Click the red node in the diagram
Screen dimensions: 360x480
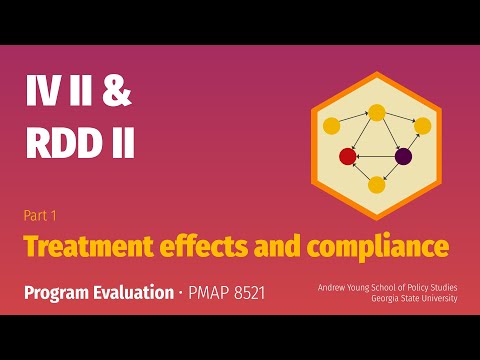click(348, 156)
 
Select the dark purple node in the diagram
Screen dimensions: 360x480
click(404, 156)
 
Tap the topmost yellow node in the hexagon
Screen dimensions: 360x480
click(377, 112)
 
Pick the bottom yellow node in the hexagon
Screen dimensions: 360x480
click(377, 184)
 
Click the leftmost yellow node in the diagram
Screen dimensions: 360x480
click(331, 126)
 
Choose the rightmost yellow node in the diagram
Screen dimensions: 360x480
click(423, 126)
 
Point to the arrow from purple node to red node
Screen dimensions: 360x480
click(376, 156)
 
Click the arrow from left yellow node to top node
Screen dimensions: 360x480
click(353, 119)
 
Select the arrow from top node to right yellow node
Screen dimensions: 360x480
click(400, 119)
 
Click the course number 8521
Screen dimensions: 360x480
click(243, 296)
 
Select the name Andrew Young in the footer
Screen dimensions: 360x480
click(345, 288)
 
